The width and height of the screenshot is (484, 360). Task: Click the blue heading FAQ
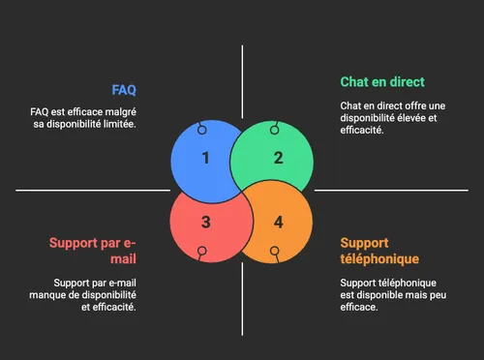124,90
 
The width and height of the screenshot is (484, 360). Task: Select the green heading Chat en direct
381,81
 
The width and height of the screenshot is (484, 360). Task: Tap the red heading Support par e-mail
93,251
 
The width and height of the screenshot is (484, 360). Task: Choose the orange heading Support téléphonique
378,251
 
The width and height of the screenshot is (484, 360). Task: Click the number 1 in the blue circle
205,158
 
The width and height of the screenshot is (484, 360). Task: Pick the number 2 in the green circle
279,158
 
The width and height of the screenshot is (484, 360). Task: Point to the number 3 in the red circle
205,223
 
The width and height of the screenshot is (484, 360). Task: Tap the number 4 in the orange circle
279,223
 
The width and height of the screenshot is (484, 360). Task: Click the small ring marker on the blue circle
201,130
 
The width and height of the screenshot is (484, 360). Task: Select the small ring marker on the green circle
275,128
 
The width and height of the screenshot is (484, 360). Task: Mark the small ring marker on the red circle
201,252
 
